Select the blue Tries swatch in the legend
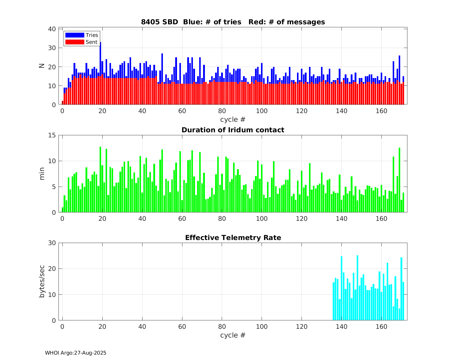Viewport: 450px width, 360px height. (x=75, y=35)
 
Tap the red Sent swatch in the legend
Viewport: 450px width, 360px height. (x=75, y=42)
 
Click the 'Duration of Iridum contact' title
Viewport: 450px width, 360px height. (x=233, y=130)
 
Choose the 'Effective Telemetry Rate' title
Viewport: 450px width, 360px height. (x=233, y=238)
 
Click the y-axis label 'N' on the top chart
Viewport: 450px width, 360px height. (x=42, y=66)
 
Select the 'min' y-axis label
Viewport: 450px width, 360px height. (x=42, y=174)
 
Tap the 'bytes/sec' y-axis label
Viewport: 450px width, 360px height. (x=42, y=281)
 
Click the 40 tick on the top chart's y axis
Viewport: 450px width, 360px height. (x=52, y=29)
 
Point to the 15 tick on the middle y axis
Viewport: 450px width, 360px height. (x=52, y=135)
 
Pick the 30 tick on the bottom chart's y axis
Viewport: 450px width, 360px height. (x=52, y=243)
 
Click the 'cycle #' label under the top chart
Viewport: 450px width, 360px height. (x=233, y=119)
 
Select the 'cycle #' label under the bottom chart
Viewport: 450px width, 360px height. (x=233, y=335)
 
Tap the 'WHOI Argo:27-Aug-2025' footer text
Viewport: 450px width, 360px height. (x=76, y=353)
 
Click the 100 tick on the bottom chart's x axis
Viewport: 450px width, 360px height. (x=262, y=326)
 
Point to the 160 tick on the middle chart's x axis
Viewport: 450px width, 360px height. (x=382, y=219)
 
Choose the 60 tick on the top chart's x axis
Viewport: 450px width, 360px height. (x=182, y=111)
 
